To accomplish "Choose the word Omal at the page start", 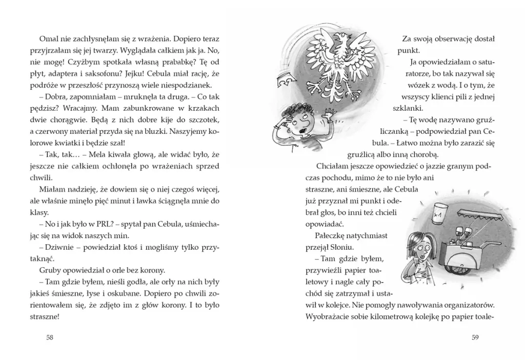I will coord(48,38).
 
